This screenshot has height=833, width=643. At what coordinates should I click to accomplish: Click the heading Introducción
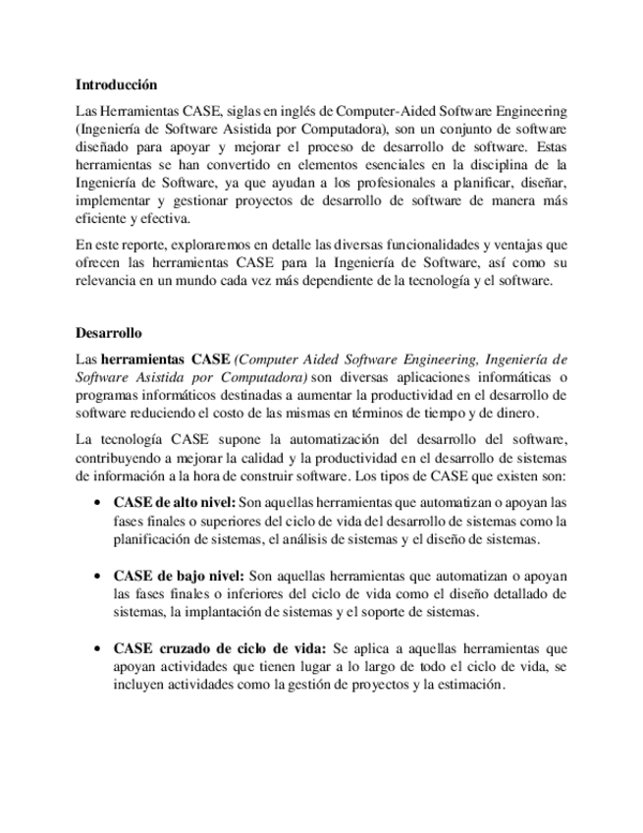(x=117, y=85)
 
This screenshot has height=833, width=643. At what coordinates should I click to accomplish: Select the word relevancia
(x=106, y=280)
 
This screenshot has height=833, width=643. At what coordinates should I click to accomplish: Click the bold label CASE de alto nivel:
(x=175, y=502)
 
